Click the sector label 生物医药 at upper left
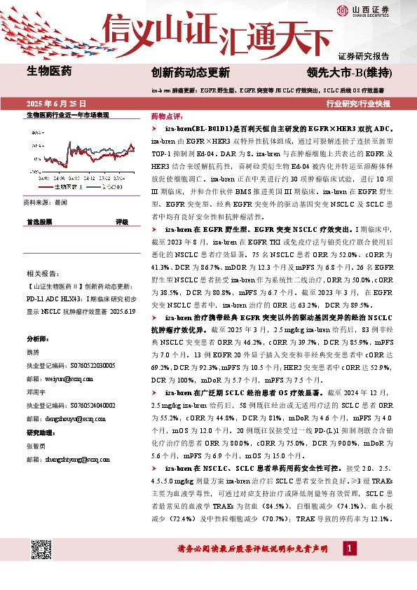48,70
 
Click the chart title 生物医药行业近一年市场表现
67,114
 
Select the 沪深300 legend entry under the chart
114,188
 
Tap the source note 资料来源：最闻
46,202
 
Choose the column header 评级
121,221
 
